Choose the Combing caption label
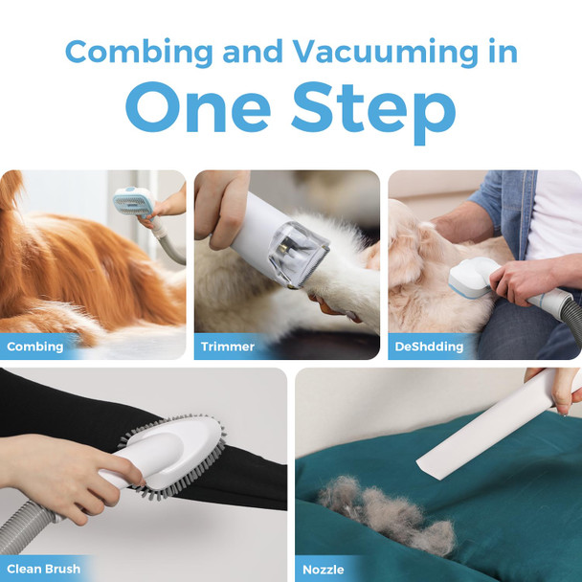35,346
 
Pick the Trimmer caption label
228,346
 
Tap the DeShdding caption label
428,346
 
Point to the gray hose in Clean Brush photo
24,531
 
